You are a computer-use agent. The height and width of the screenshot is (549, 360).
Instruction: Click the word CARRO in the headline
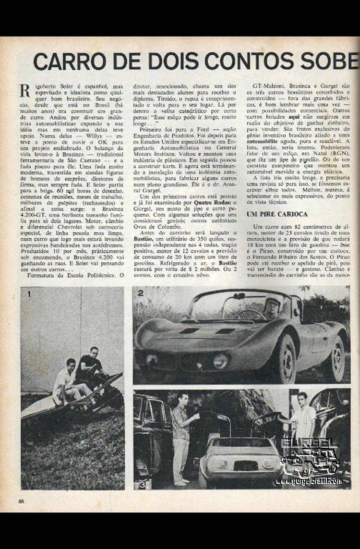point(63,61)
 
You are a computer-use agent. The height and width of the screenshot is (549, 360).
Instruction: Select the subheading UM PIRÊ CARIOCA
point(276,214)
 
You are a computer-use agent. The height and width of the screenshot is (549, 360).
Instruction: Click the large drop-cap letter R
point(24,91)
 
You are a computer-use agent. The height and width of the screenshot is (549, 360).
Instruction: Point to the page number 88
point(21,501)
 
